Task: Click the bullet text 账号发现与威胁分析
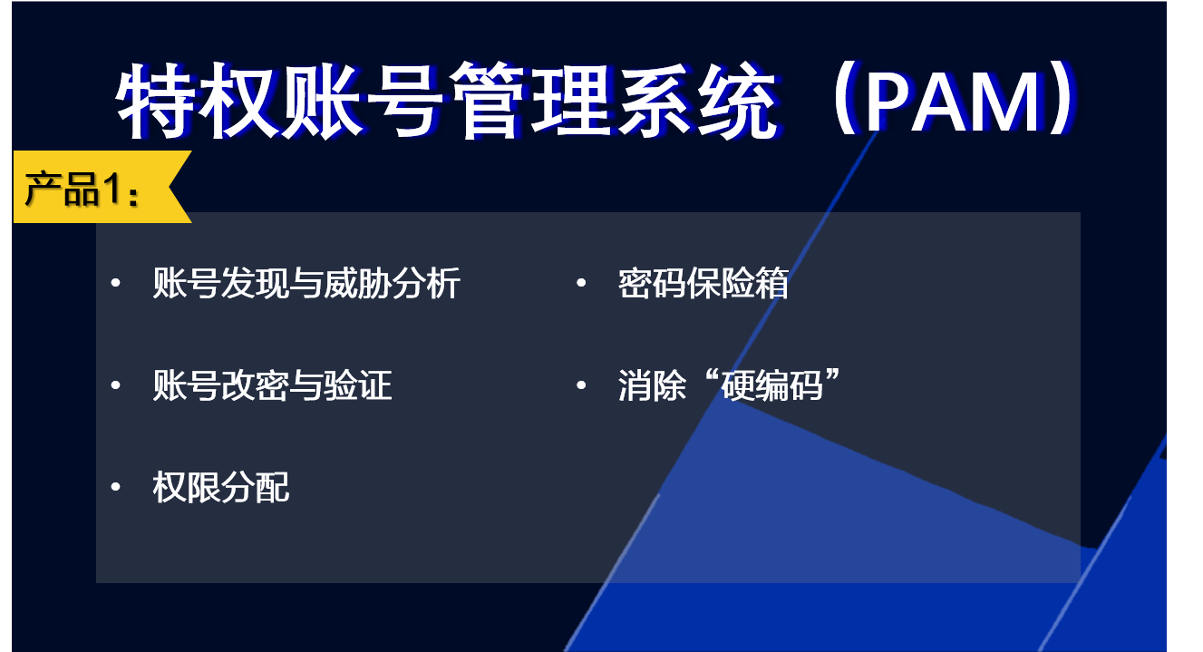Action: (306, 283)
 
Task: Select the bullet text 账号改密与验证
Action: (272, 384)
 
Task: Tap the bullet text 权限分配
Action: (220, 487)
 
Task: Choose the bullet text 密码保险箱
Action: (703, 283)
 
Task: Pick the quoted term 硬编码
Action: (771, 384)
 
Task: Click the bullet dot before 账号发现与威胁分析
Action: (115, 283)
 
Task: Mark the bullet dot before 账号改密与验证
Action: (115, 384)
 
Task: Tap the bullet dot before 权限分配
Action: (115, 487)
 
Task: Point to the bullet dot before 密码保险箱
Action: (580, 283)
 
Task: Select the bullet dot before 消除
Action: (580, 384)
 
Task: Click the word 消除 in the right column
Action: (652, 384)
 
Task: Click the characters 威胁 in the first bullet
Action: (357, 283)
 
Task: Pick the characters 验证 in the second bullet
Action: (358, 384)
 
